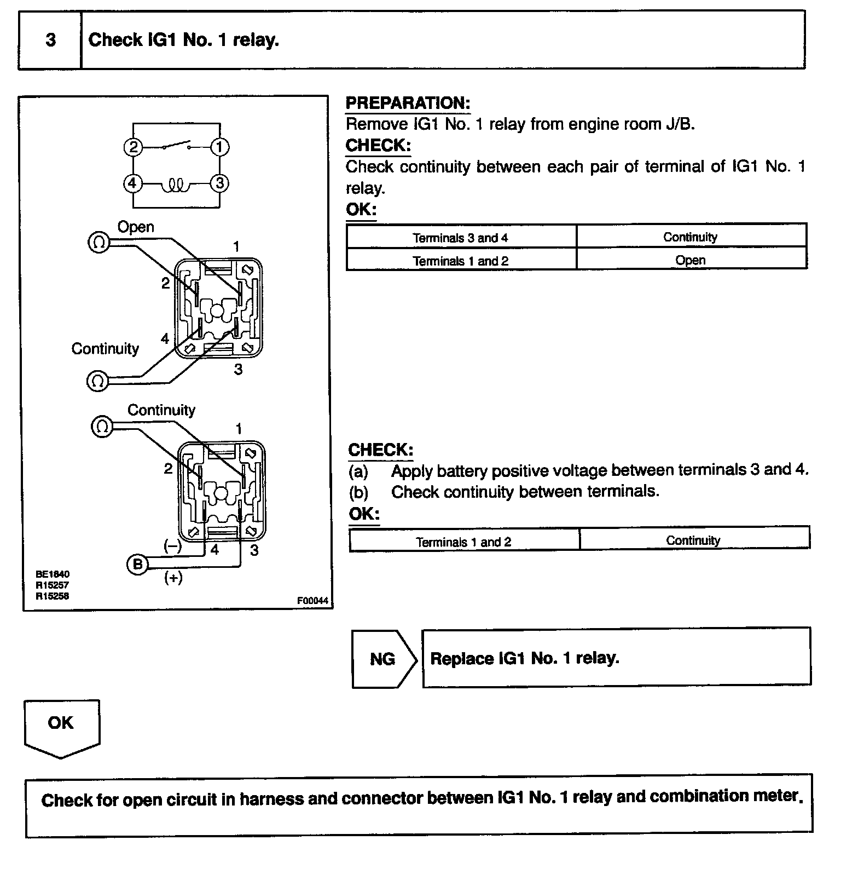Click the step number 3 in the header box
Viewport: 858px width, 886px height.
(50, 40)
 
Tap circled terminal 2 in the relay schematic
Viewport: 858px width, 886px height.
(133, 147)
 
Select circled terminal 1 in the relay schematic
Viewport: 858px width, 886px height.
(220, 147)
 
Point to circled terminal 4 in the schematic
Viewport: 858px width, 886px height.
(132, 183)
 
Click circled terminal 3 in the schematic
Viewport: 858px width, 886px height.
(220, 183)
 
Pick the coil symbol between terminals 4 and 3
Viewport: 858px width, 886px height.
(176, 186)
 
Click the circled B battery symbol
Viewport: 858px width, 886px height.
(137, 564)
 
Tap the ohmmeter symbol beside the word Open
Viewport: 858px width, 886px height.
(98, 242)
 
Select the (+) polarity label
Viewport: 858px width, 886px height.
(173, 578)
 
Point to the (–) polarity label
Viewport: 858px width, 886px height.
(172, 545)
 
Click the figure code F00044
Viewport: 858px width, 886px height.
(312, 601)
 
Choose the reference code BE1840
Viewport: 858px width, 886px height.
(53, 574)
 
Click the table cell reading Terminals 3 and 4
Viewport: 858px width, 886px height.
(460, 238)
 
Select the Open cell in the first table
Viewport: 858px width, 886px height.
(690, 260)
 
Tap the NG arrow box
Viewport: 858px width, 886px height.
(382, 659)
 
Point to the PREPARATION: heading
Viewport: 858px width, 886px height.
(408, 103)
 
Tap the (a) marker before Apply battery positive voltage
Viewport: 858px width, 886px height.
(358, 471)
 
